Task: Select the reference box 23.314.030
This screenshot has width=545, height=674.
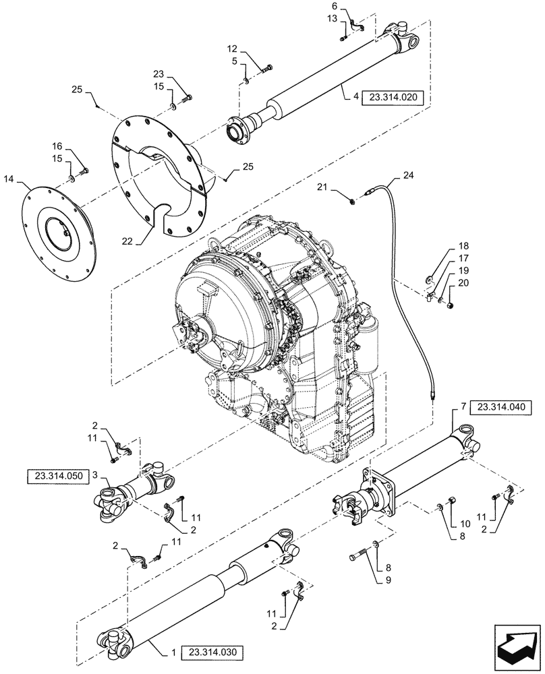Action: pyautogui.click(x=212, y=652)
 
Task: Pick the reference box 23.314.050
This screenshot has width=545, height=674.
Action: pyautogui.click(x=57, y=476)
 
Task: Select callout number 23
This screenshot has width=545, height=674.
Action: pyautogui.click(x=159, y=74)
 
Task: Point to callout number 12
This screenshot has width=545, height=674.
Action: pyautogui.click(x=232, y=49)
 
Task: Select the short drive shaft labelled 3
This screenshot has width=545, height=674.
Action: pyautogui.click(x=135, y=491)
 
